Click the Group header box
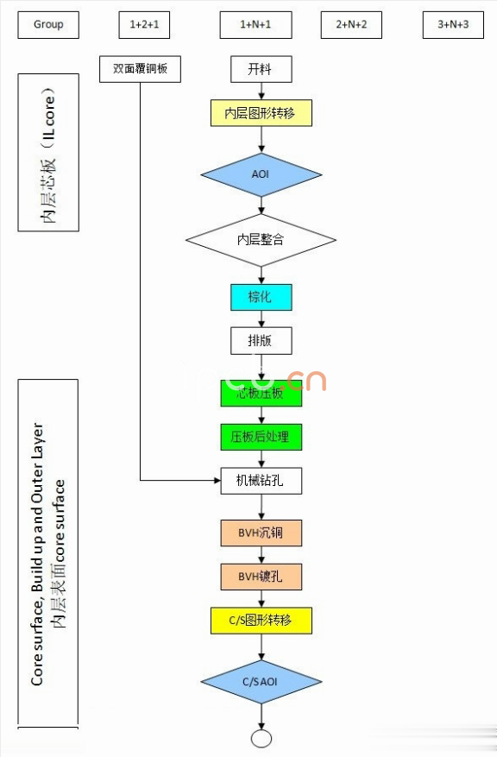pyautogui.click(x=48, y=25)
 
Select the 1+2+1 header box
pyautogui.click(x=144, y=25)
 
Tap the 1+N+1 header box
pyautogui.click(x=255, y=25)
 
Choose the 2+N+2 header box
pyautogui.click(x=350, y=25)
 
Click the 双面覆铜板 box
pyautogui.click(x=140, y=69)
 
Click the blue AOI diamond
pyautogui.click(x=261, y=174)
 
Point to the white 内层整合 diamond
pyautogui.click(x=261, y=239)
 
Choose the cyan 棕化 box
pyautogui.click(x=261, y=297)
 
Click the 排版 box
pyautogui.click(x=261, y=340)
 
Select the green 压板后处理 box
pyautogui.click(x=261, y=437)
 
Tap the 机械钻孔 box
pyautogui.click(x=261, y=481)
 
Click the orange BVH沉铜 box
pyautogui.click(x=261, y=533)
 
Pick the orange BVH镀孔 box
pyautogui.click(x=261, y=577)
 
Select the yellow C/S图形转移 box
pyautogui.click(x=261, y=620)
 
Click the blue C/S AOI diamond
pyautogui.click(x=261, y=682)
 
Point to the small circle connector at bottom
pyautogui.click(x=261, y=738)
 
